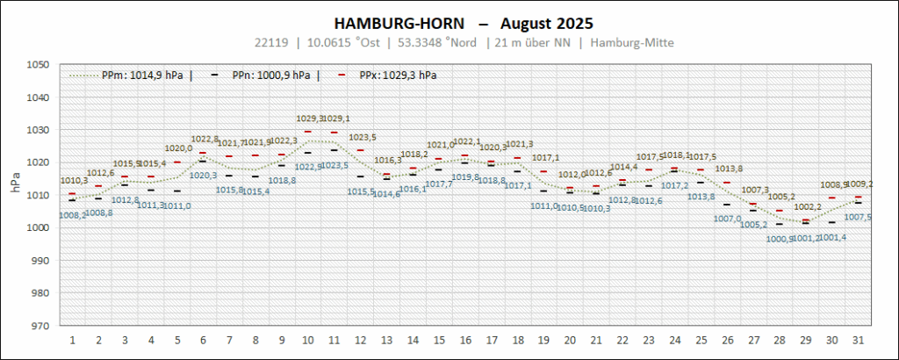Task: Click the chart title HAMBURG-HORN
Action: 393,22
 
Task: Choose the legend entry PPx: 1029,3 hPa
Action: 398,76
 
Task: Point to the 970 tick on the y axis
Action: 39,326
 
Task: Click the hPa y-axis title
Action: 15,183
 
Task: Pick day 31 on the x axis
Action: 858,339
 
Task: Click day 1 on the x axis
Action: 72,339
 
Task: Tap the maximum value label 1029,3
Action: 308,119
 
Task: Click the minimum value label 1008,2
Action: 72,214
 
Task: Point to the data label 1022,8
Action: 205,139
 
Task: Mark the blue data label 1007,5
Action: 857,217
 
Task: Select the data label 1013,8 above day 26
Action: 729,169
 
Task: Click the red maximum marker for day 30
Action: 831,198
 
